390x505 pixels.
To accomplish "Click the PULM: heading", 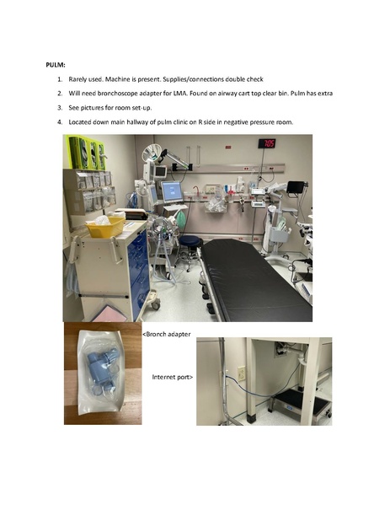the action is click(x=56, y=65).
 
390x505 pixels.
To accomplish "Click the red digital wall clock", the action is click(x=267, y=143).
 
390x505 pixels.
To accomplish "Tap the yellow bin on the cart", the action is click(x=105, y=227).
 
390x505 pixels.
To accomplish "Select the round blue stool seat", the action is click(x=190, y=240).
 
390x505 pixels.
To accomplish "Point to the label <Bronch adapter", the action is click(x=167, y=335).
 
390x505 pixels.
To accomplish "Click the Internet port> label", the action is click(x=173, y=377).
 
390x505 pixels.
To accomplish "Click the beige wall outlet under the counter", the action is click(x=241, y=373).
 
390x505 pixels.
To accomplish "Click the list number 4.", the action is click(x=60, y=122).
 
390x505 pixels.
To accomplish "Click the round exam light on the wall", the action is click(x=152, y=152).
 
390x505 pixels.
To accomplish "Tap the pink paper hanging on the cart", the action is click(x=110, y=314).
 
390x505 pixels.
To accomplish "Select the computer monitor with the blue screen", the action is click(x=172, y=192).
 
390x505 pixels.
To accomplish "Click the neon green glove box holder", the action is click(x=86, y=152).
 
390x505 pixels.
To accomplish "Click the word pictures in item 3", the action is click(x=91, y=108).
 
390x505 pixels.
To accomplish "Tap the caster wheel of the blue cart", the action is click(x=156, y=304).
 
